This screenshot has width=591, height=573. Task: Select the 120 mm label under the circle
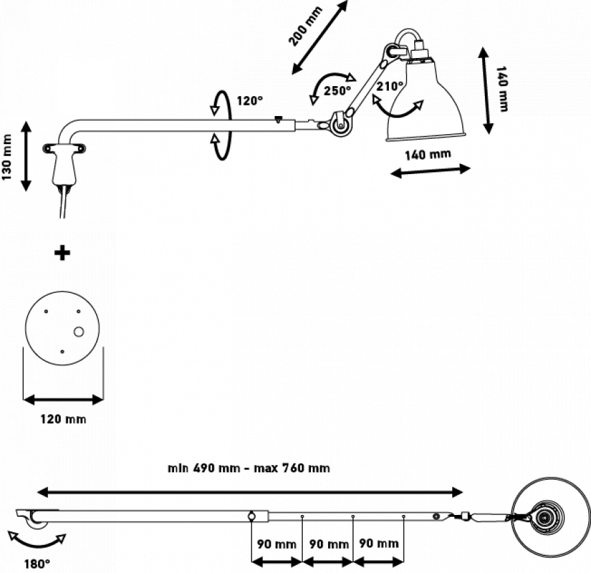click(61, 419)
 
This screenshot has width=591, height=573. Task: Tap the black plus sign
click(63, 253)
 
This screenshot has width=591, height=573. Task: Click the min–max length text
click(249, 468)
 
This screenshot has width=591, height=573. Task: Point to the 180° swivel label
click(35, 564)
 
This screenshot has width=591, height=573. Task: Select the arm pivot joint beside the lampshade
click(340, 123)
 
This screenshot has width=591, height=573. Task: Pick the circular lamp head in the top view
click(542, 518)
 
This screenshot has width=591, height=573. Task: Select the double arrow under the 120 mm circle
click(63, 400)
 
